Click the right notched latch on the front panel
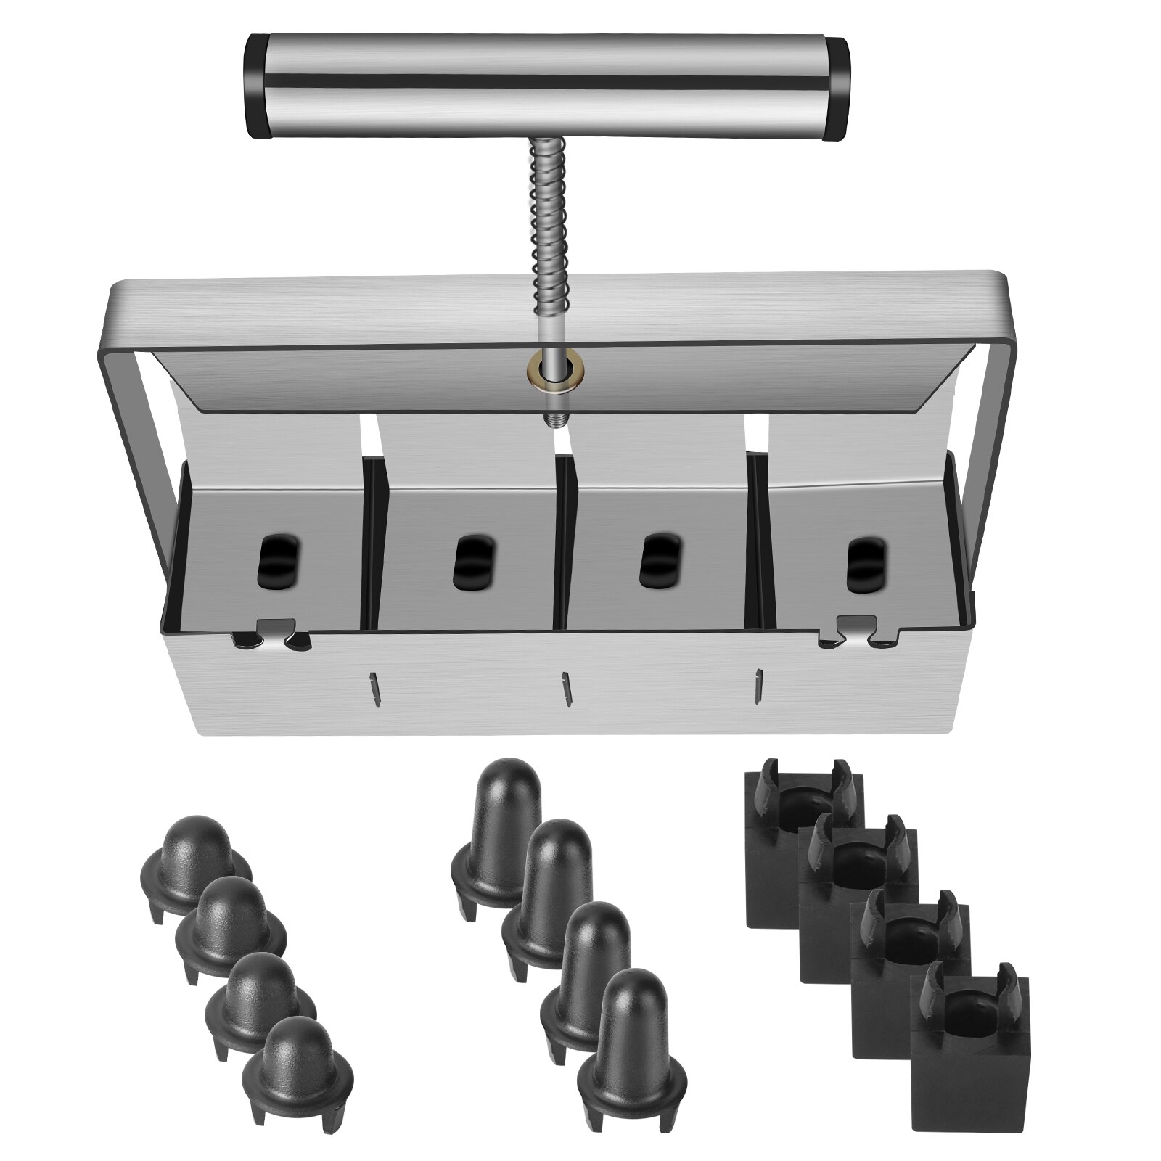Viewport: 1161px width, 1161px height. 856,629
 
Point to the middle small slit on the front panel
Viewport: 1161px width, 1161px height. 565,688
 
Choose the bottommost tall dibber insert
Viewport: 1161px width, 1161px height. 631,1030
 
